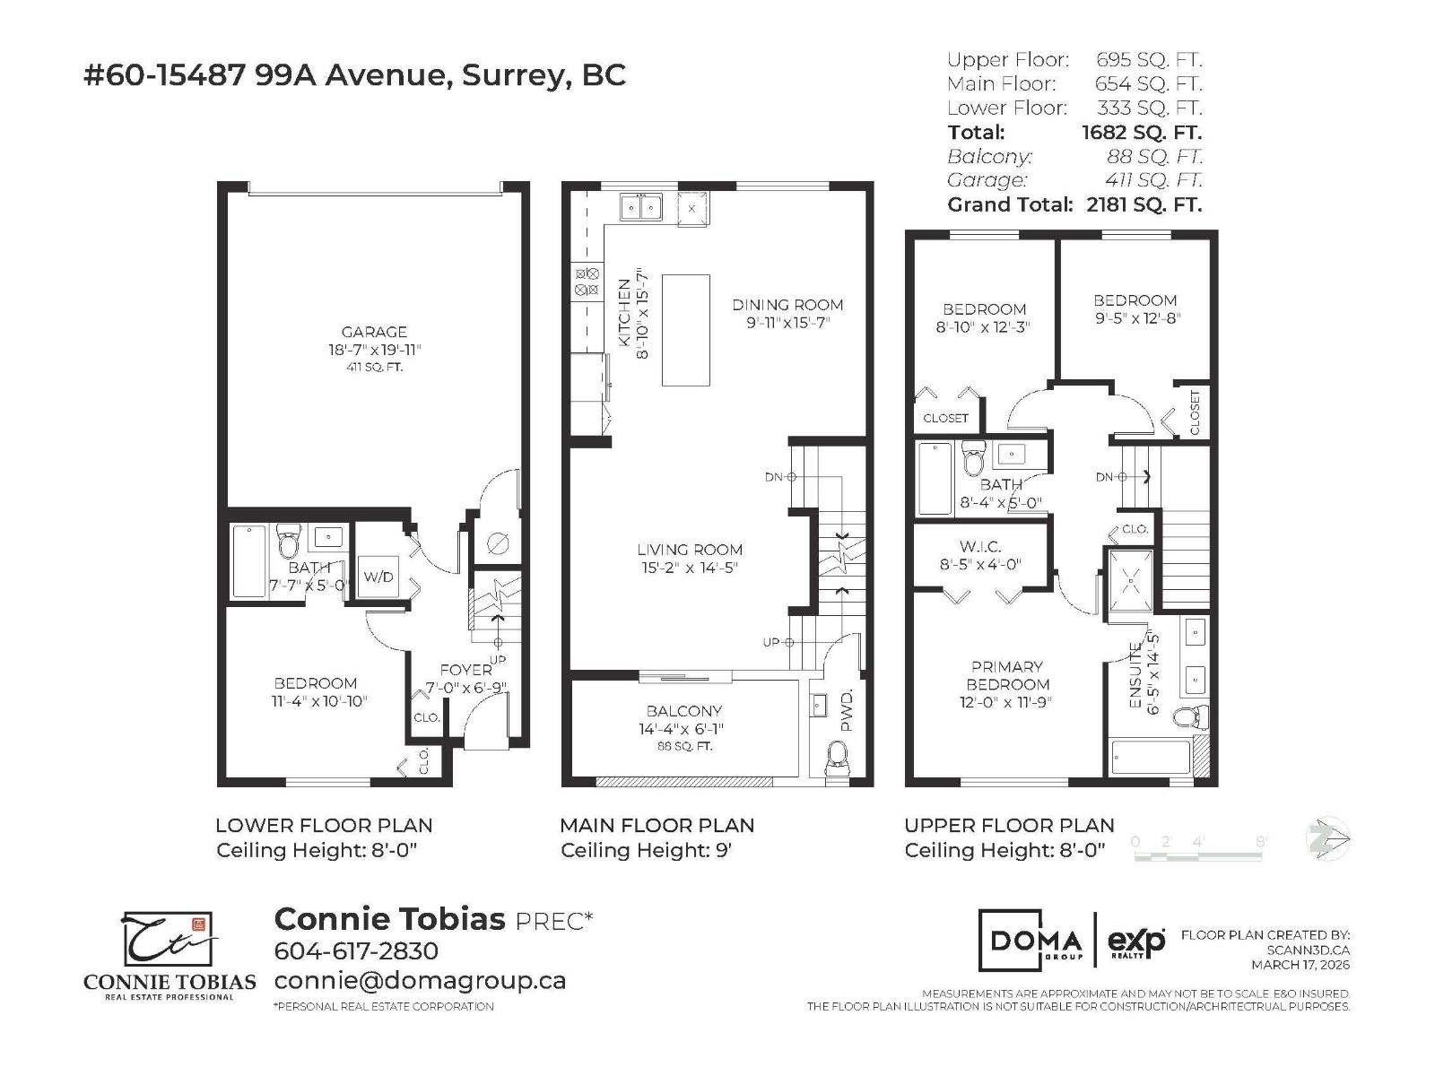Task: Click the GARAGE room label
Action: tap(374, 332)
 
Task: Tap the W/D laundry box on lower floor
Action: tap(378, 577)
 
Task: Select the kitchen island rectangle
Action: tap(686, 330)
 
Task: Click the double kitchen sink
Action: tap(640, 208)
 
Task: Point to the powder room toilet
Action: tap(837, 757)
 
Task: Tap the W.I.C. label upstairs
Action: tap(979, 546)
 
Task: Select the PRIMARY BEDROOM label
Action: tap(1006, 675)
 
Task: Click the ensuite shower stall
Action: tap(1131, 581)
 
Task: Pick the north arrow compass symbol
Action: tap(1328, 840)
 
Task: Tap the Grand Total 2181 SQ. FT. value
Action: tap(1144, 204)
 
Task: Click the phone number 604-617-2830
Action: tap(356, 951)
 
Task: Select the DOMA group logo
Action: tap(1034, 941)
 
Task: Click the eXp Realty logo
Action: tap(1136, 941)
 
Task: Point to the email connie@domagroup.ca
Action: tap(420, 980)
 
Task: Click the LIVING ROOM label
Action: tap(690, 550)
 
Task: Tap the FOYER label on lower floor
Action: tap(465, 670)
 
